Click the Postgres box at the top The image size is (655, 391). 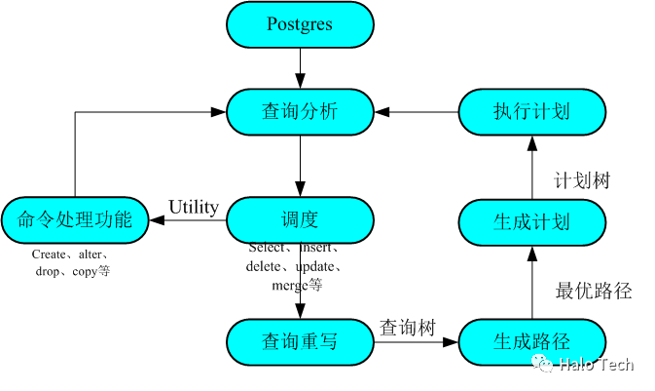tap(300, 24)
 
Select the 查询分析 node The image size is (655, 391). tap(300, 111)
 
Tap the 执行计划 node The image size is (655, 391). tap(531, 111)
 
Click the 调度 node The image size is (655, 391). tap(300, 220)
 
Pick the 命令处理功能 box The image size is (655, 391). tap(75, 220)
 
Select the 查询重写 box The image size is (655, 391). tap(300, 341)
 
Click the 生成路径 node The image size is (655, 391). tap(531, 341)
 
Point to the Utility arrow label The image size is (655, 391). tap(194, 207)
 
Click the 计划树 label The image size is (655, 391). tap(582, 180)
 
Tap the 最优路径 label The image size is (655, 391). tap(594, 291)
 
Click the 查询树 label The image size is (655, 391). tap(408, 327)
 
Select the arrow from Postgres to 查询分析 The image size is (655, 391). tap(300, 68)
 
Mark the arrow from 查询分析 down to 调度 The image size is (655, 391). tap(300, 166)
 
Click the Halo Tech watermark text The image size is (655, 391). tap(596, 365)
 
